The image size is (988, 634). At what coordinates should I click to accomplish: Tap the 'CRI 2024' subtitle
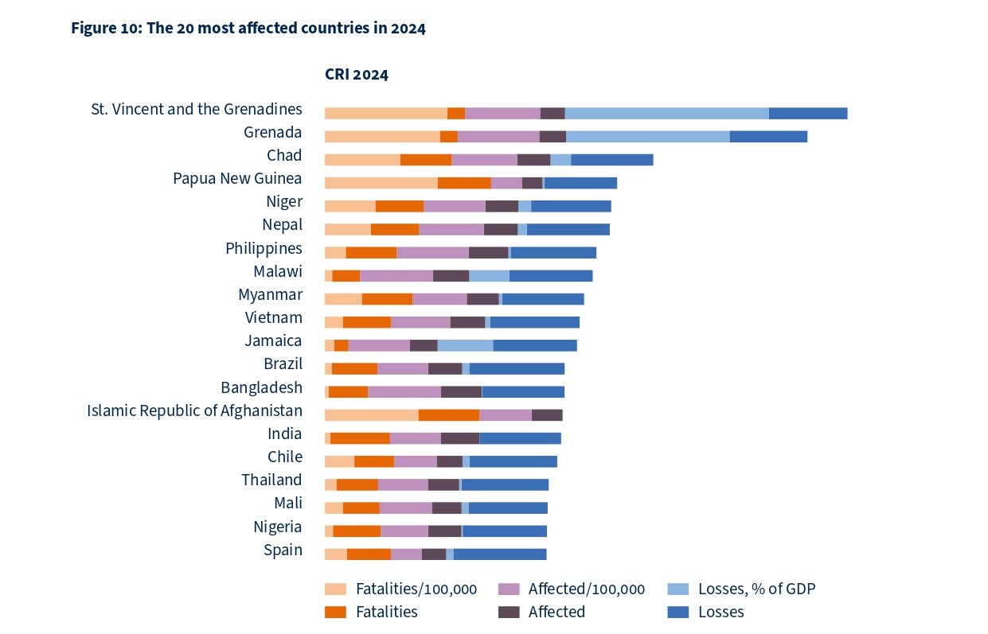point(356,75)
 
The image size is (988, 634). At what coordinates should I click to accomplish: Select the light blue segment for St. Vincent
point(666,113)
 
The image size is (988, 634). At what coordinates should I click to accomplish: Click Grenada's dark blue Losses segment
point(768,136)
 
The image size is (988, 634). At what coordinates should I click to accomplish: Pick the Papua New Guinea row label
point(237,178)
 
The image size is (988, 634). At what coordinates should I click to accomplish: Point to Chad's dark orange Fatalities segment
point(425,159)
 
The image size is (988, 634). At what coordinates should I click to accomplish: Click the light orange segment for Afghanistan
point(371,414)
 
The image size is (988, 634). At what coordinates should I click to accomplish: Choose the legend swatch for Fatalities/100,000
point(335,589)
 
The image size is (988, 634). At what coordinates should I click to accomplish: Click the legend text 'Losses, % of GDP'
point(756,589)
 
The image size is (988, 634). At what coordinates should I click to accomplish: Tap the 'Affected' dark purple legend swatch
point(509,612)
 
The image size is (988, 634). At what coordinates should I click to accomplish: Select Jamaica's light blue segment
point(465,344)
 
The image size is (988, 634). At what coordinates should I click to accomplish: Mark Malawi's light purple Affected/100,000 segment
point(396,275)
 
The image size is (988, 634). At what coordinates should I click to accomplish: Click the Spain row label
point(283,550)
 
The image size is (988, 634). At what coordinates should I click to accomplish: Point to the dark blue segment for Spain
point(500,554)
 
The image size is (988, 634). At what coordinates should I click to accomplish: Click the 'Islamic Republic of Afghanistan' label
point(194,410)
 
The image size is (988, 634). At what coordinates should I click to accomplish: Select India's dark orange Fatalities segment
point(360,438)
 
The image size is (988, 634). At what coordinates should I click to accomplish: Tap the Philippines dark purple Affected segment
point(488,252)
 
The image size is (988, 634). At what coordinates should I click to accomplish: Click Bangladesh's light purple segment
point(404,391)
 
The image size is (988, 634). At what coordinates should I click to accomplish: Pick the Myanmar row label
point(270,294)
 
